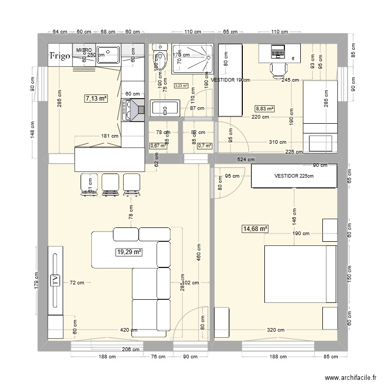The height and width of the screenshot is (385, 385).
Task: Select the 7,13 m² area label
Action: point(97,98)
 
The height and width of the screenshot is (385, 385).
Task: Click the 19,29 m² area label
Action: point(129,252)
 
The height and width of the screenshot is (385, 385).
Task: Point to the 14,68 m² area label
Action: point(255,229)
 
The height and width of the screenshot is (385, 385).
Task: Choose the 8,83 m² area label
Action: point(265,109)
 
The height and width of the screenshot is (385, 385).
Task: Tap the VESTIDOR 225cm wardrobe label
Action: point(293,176)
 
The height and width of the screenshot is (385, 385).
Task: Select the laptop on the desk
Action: point(277,51)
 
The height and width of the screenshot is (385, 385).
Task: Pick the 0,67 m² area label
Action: point(158,145)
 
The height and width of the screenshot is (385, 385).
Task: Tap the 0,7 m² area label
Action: point(204,145)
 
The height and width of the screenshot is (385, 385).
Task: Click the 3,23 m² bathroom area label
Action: point(181,86)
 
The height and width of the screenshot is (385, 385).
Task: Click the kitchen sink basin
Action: point(108,52)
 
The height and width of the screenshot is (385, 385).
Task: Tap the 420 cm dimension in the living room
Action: point(129,331)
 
